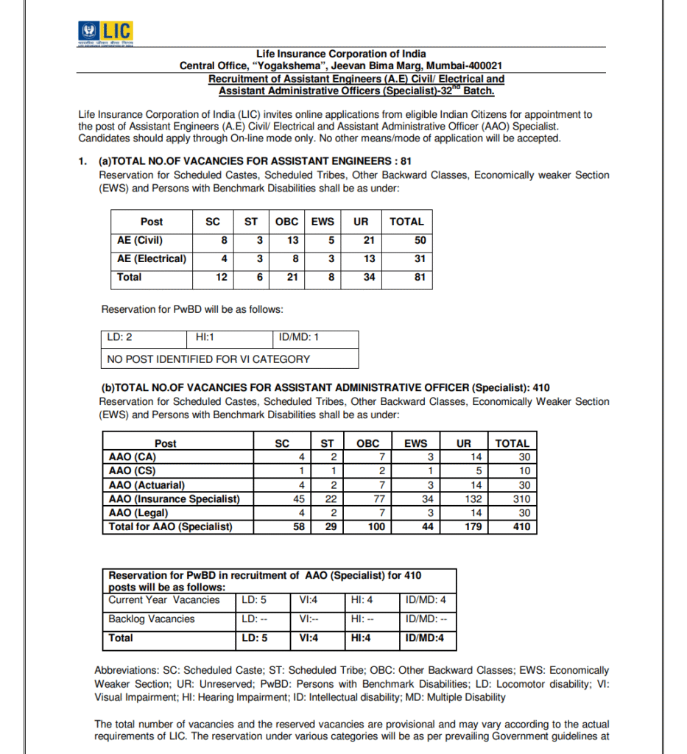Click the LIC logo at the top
tap(105, 32)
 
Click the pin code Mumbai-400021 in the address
tap(468, 66)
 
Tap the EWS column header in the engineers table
tap(323, 222)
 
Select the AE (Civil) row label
tap(140, 240)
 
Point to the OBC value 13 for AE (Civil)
tap(292, 240)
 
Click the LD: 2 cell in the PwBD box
tap(120, 338)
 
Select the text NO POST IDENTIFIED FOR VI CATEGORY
tap(208, 359)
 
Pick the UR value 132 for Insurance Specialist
tap(461, 499)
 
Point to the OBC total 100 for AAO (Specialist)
tap(376, 527)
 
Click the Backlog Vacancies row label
tap(152, 619)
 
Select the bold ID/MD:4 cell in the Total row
tap(425, 638)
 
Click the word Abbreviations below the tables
tap(125, 671)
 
